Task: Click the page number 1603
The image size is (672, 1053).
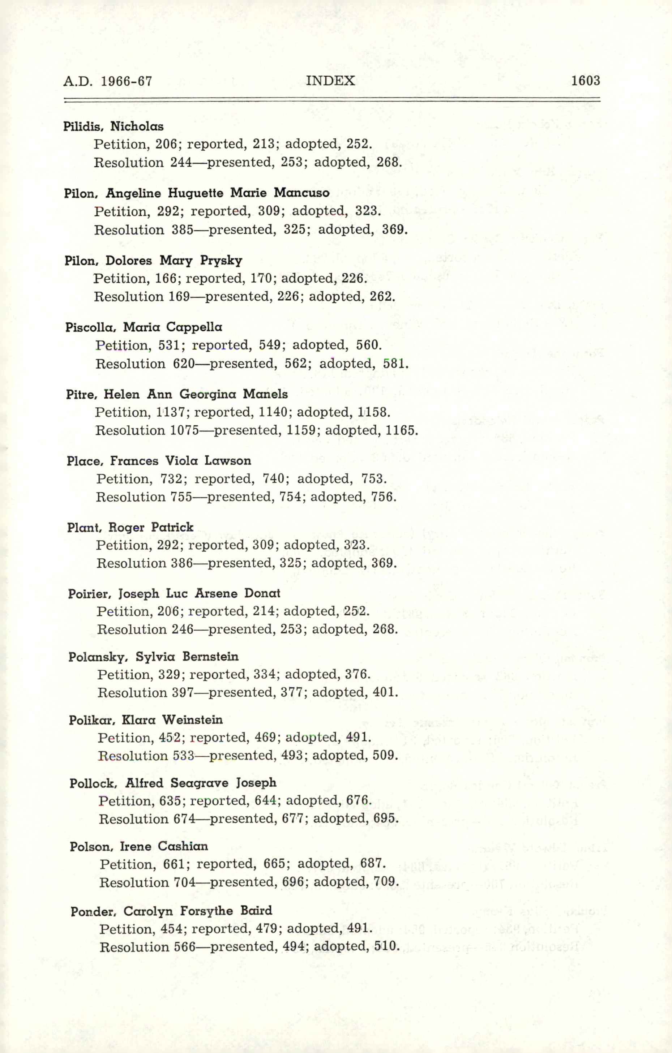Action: coord(585,81)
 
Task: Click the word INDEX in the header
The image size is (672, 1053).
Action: coord(330,81)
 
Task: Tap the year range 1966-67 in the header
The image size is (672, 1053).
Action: coord(127,82)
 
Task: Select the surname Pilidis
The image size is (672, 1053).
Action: coord(83,127)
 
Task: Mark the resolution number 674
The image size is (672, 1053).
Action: coord(184,819)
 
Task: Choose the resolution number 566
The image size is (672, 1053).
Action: coord(185,947)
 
